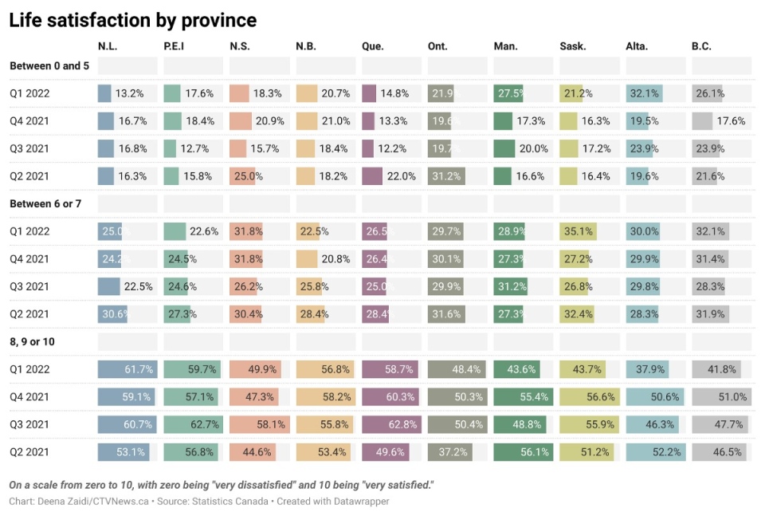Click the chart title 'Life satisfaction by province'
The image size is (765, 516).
point(132,21)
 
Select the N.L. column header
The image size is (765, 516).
point(109,46)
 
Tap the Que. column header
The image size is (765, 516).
point(372,46)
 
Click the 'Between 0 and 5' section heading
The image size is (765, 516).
point(49,66)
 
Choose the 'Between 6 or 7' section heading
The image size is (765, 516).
point(45,204)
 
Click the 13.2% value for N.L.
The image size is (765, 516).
point(129,93)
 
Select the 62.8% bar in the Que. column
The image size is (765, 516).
point(391,424)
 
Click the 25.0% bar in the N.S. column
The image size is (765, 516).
point(242,176)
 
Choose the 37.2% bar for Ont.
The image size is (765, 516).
point(449,452)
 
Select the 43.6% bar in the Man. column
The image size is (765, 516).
point(515,369)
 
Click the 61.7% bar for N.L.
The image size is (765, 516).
point(127,369)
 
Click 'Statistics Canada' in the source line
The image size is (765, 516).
point(232,502)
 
